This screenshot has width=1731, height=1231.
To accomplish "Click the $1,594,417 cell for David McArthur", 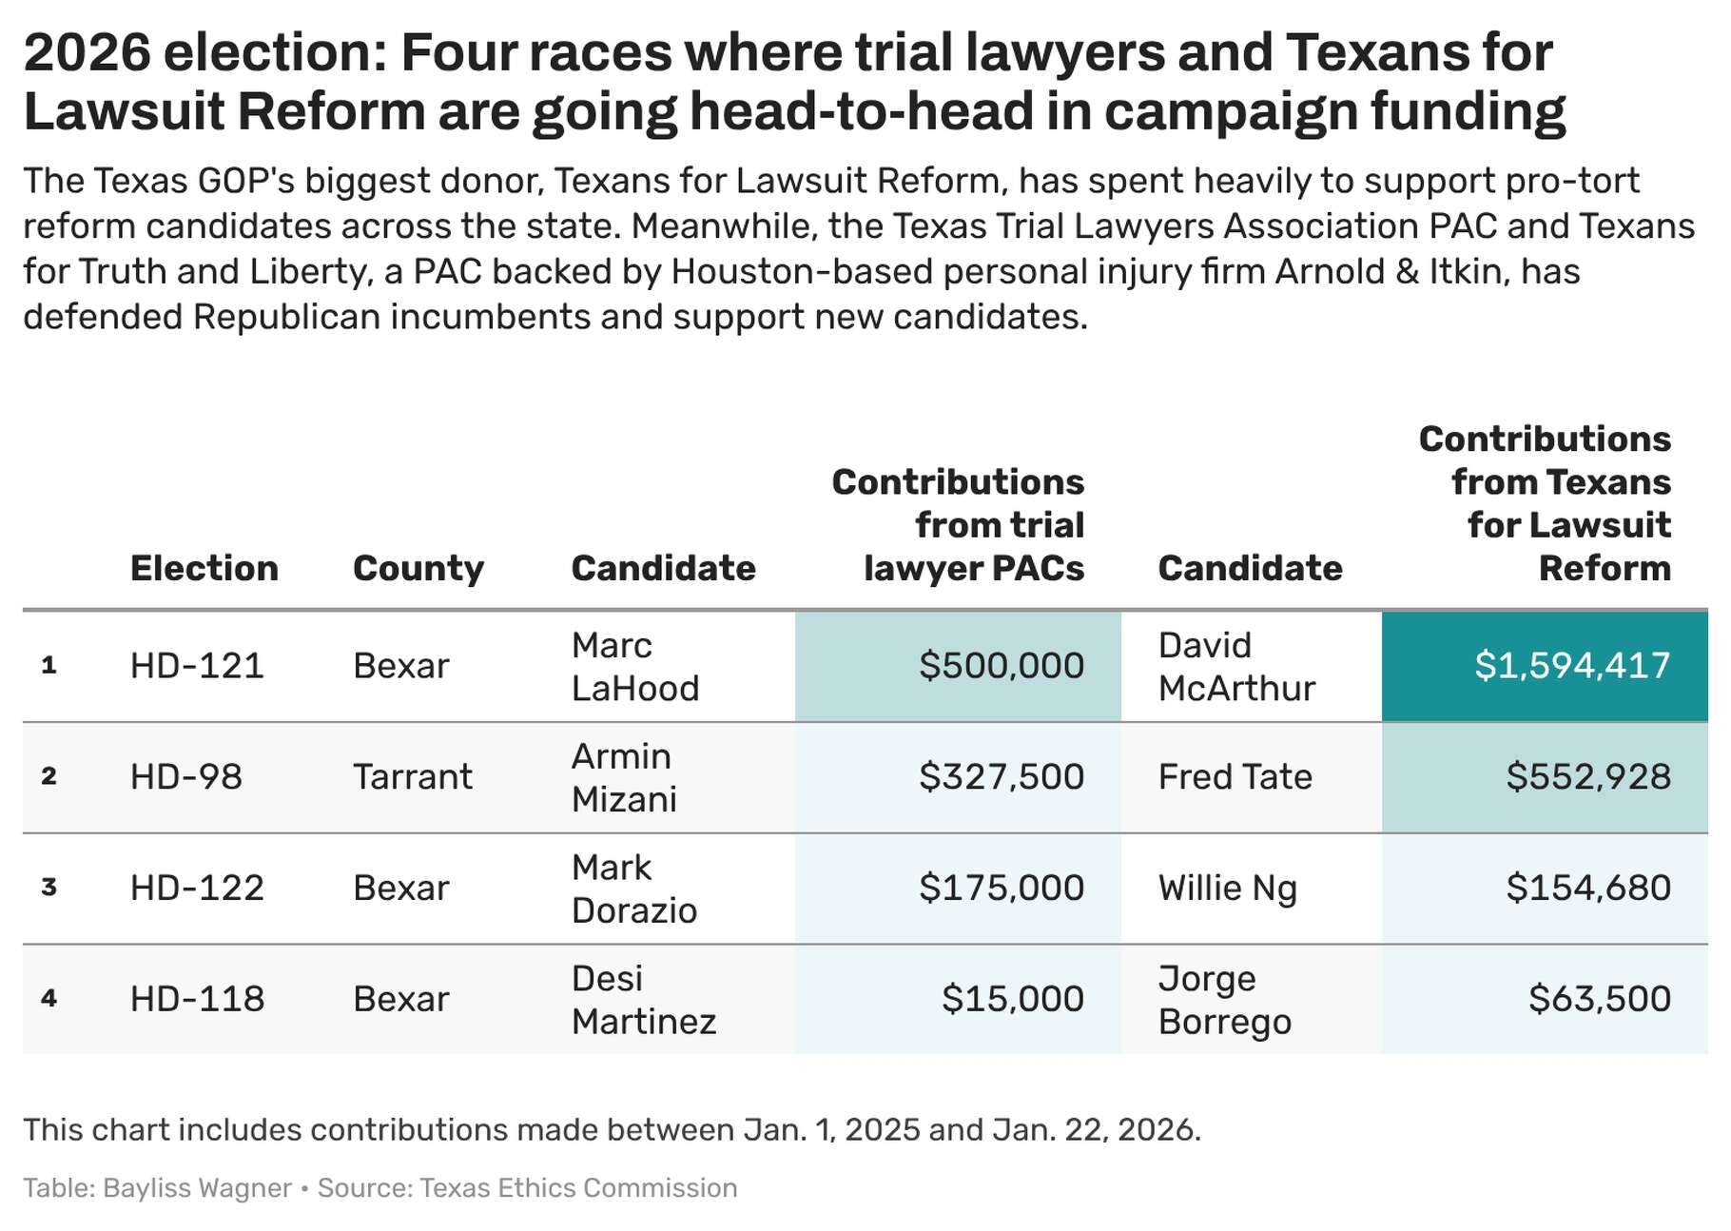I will coord(1571,666).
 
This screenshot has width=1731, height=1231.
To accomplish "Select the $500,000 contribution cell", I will coord(1001,666).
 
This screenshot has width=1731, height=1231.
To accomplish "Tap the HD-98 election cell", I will coord(186,777).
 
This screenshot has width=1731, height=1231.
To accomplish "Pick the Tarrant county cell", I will coord(412,777).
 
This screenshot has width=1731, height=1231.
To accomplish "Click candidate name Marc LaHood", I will coord(634,666).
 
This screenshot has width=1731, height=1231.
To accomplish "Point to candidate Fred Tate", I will coord(1235,777).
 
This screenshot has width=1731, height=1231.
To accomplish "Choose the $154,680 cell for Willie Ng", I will coord(1587,888).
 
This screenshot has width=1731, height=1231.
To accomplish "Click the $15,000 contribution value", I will coord(1012,999).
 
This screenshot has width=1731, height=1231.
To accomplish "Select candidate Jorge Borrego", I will coord(1224,999).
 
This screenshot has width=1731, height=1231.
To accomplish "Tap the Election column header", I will coord(204,569).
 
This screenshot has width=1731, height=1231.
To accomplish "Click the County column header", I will coord(418,569).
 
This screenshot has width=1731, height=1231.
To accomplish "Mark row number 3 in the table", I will coord(49,888).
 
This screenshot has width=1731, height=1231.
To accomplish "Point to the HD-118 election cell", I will coord(197,999).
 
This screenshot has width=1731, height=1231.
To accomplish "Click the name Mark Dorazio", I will coord(633,889).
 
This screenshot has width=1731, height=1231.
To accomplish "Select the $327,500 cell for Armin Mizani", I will coord(1001,777).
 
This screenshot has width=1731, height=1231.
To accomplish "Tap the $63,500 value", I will coord(1599,999).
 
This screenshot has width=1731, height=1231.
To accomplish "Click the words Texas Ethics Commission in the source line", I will coord(578,1188).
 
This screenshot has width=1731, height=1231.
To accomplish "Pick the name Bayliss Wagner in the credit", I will coord(197,1188).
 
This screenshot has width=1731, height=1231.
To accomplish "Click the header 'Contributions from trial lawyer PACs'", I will coord(958,525).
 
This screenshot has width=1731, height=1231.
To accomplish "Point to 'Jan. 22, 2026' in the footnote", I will coord(1094,1130).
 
